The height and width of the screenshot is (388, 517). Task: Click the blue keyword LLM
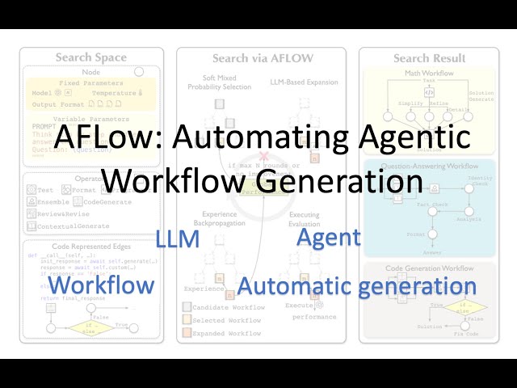(x=177, y=238)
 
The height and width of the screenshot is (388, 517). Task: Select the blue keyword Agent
(x=328, y=238)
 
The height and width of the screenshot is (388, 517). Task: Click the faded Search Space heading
(x=91, y=57)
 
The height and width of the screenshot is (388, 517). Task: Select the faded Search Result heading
(x=429, y=57)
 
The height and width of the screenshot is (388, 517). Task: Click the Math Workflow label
(x=430, y=74)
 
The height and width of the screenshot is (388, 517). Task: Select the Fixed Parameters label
(x=91, y=82)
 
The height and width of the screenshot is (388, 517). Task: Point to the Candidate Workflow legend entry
(x=227, y=308)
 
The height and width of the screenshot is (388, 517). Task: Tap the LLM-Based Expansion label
(x=303, y=82)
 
